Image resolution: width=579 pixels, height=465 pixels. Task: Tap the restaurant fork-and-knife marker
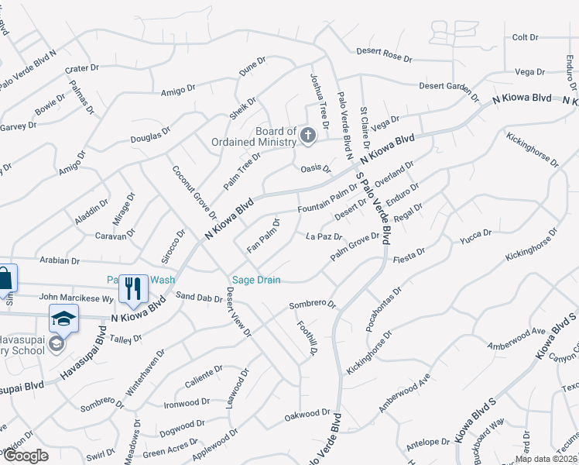[133, 288]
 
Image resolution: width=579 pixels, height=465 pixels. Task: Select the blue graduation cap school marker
[63, 319]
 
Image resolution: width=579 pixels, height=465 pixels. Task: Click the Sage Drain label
[256, 280]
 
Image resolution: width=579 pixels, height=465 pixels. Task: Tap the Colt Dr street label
[525, 37]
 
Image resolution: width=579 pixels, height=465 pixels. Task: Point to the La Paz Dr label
[324, 236]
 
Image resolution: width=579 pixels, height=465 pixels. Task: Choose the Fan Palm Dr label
[263, 236]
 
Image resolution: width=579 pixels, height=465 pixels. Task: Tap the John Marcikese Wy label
[77, 297]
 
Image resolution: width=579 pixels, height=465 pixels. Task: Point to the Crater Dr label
[83, 68]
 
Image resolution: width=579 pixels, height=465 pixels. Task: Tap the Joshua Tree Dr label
[319, 101]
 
